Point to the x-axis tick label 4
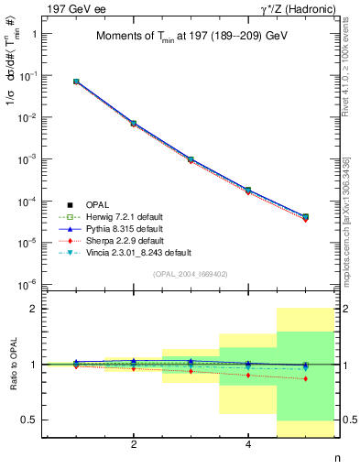248,444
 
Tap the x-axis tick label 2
134,444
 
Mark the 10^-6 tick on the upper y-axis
29,284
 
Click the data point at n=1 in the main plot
76,82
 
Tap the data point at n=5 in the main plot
305,217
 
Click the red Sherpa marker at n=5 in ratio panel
305,378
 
